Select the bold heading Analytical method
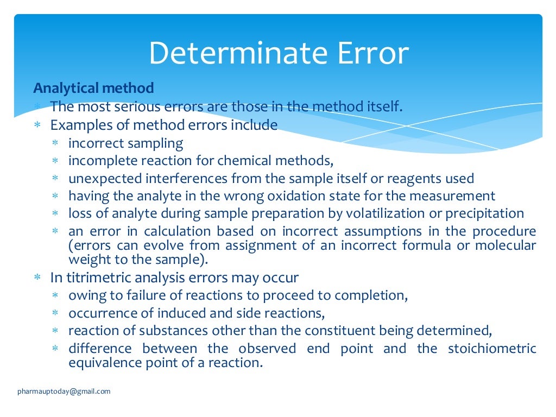click(x=93, y=88)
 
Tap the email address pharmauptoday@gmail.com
click(x=64, y=391)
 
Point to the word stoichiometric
click(x=492, y=348)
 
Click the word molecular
click(x=506, y=245)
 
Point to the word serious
click(x=138, y=106)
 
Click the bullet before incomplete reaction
click(x=55, y=161)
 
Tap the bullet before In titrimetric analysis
click(x=37, y=278)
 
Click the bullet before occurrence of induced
click(x=55, y=313)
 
